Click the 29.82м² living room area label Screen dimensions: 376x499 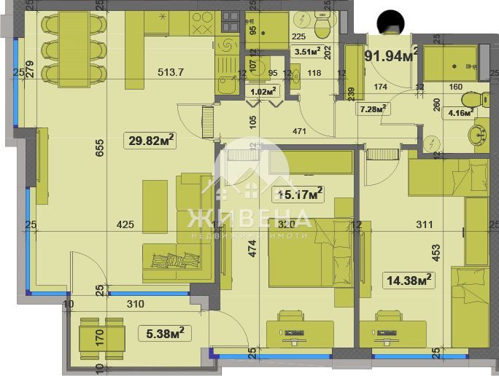pyautogui.click(x=151, y=139)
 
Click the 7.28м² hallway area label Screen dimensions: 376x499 pyautogui.click(x=373, y=109)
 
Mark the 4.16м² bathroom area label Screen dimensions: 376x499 pyautogui.click(x=460, y=112)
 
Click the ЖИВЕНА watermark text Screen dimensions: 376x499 pyautogui.click(x=249, y=218)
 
